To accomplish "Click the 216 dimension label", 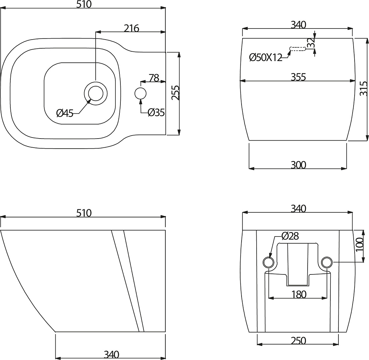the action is tap(131, 28).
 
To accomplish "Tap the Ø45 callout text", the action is tap(65, 113).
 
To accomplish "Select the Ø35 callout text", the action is tap(156, 113).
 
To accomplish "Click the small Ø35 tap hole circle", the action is tap(141, 93).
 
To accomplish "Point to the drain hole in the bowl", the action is tap(96, 93).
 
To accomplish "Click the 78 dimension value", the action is tap(154, 78).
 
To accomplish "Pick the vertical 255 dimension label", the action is tap(175, 93).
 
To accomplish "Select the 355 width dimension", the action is tap(298, 77).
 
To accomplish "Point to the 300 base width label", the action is tap(298, 165).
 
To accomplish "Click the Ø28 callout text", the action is tap(290, 236).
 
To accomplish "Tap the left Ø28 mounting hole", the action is tap(268, 262).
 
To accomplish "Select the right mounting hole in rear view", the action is tap(327, 262).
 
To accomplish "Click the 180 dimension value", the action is tap(299, 294).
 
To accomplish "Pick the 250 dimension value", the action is tap(298, 341).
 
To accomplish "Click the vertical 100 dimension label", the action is tap(359, 244).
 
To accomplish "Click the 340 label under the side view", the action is tap(112, 354).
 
